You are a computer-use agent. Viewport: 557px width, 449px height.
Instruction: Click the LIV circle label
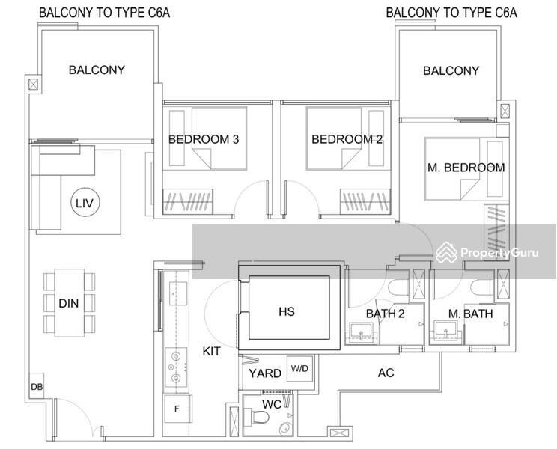click(x=85, y=203)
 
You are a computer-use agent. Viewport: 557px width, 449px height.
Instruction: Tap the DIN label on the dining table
click(x=69, y=303)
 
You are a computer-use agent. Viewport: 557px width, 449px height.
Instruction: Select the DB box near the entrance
click(x=37, y=386)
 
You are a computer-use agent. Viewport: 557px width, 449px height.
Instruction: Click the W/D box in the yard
click(x=299, y=368)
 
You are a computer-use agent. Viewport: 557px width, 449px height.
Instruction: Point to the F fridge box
click(x=177, y=409)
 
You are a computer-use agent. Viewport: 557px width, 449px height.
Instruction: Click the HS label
click(x=287, y=311)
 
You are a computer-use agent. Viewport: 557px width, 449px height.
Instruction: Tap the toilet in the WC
click(x=260, y=417)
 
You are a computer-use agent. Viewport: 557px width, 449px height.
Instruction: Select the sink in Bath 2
click(x=362, y=332)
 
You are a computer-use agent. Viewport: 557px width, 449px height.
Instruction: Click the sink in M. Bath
click(x=446, y=332)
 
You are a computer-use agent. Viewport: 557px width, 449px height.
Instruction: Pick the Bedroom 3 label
click(x=204, y=139)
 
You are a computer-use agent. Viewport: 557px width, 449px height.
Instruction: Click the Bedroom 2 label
click(x=347, y=139)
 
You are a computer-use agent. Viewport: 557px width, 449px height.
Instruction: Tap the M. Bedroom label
click(x=466, y=167)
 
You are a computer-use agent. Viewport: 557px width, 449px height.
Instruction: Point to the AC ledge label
click(x=386, y=373)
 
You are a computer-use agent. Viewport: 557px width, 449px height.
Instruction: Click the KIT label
click(x=211, y=351)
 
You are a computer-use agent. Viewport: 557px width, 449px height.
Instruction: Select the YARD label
click(x=264, y=373)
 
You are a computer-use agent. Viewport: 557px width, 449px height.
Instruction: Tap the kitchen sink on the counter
click(x=178, y=293)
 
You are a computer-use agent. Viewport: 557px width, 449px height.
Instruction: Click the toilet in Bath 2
click(x=399, y=287)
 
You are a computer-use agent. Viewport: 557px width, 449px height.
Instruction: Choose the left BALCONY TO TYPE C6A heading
click(x=105, y=13)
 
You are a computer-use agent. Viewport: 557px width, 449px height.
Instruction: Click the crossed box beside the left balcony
click(x=33, y=85)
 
